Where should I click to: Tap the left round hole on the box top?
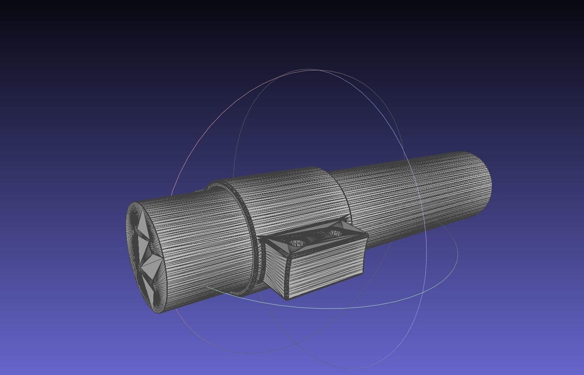click(297, 244)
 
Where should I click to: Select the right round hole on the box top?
click(335, 233)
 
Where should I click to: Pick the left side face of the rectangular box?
click(275, 268)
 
